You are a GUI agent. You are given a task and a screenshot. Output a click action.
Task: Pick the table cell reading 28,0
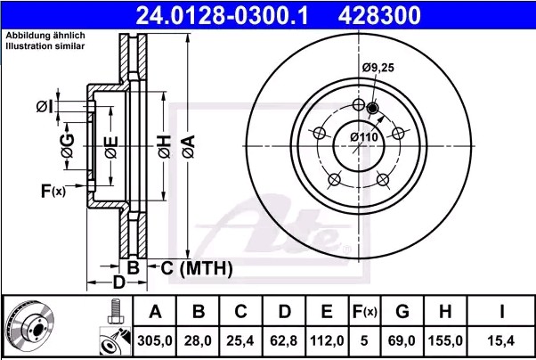click(199, 341)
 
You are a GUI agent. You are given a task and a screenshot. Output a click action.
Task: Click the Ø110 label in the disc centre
click(363, 136)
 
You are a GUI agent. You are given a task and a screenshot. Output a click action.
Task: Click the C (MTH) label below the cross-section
click(197, 267)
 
